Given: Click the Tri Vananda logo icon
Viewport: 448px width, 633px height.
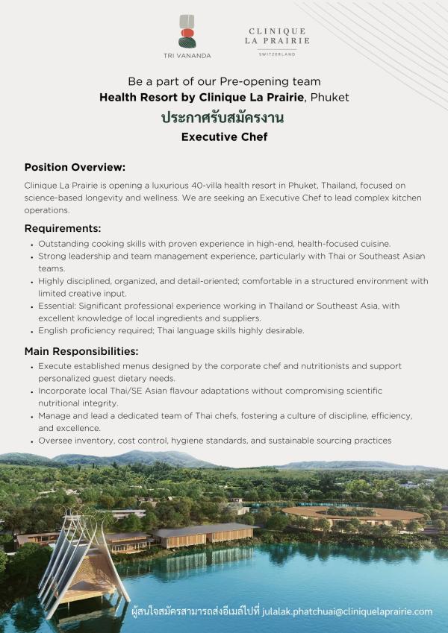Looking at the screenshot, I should [x=187, y=31].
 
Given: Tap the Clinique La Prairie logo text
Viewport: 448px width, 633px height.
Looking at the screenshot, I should [x=277, y=36].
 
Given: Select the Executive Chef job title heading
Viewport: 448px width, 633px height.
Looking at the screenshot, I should [x=224, y=137].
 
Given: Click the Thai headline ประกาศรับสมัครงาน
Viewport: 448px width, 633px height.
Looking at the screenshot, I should [x=224, y=117].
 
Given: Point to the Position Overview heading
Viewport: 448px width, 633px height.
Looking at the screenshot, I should [x=75, y=167].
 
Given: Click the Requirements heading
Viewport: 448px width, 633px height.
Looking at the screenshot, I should [x=63, y=228].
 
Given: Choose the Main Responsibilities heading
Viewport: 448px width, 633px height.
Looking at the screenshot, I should [x=81, y=351].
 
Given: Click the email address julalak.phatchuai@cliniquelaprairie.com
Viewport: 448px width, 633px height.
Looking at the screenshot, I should [x=347, y=611].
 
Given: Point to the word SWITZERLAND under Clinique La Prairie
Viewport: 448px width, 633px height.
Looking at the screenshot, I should [x=277, y=54].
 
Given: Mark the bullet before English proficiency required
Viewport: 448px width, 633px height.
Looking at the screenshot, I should [x=31, y=330].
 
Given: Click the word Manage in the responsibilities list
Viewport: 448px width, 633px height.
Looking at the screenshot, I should [x=56, y=416].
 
